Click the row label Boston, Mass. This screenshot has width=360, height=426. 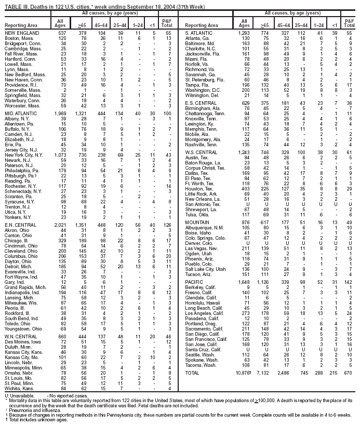(x=18, y=38)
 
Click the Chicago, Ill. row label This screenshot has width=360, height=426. (x=18, y=241)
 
